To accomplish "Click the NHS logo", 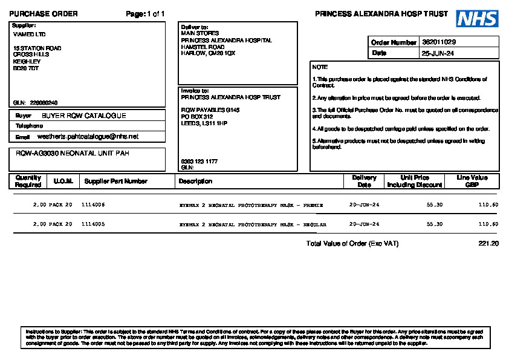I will point(477,19).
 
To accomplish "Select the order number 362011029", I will point(439,42).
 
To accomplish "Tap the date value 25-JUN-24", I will point(438,53).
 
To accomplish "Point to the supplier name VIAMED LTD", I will point(29,34).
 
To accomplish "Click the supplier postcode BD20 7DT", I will point(26,68).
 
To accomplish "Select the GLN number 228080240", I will point(44,103).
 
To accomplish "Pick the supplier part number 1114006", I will point(93,205).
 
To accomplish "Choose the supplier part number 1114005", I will point(93,224).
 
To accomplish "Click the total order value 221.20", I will point(488,243).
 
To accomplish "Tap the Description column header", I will point(195,181).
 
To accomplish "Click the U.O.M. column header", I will point(63,181).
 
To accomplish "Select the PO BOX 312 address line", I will point(197,116).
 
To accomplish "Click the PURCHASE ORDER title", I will point(44,14).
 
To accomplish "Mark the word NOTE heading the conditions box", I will point(320,67).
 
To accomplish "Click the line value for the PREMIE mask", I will point(488,205).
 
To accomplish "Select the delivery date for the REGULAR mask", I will point(365,224).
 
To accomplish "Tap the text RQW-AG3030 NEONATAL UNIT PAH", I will point(73,154).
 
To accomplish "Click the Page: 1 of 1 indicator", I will point(145,14).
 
